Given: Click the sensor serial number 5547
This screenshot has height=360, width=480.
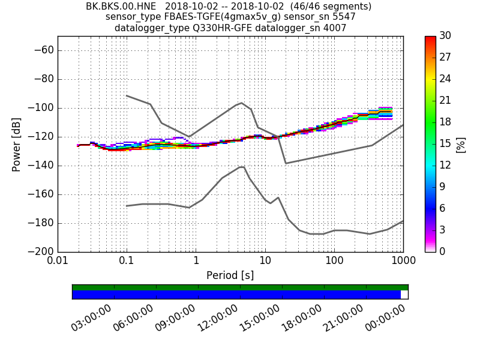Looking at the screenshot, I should (343, 17).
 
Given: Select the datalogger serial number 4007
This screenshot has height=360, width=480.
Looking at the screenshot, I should (334, 28).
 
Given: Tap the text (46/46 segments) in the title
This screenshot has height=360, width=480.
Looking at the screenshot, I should (332, 7).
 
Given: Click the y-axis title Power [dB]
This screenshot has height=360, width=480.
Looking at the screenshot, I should (17, 144).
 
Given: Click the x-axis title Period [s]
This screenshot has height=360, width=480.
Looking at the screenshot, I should (230, 275).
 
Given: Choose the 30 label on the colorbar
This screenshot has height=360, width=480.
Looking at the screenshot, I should (445, 36).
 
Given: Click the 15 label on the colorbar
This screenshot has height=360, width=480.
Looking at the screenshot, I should (445, 144).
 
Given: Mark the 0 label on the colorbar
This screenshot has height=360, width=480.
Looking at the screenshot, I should (442, 251).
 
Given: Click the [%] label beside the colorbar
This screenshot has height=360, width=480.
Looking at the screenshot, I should (461, 144).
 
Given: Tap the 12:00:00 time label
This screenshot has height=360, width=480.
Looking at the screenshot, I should (218, 319).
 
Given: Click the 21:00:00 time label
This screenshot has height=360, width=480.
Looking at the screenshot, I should (344, 319).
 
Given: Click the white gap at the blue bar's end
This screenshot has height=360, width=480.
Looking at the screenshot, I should (404, 295).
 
